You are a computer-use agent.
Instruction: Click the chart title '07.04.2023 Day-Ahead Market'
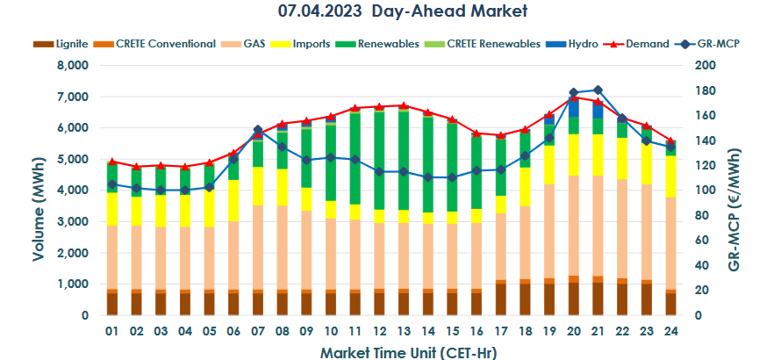[390, 12]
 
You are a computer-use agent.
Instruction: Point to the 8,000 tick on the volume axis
[74, 66]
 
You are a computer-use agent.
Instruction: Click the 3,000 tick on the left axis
[74, 222]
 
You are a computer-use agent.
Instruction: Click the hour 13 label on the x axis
[403, 333]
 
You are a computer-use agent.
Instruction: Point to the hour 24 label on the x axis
[670, 333]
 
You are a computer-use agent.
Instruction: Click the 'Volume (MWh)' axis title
[39, 191]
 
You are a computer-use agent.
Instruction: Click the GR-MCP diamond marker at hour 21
[598, 90]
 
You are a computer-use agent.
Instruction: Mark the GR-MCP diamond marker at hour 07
[258, 130]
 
